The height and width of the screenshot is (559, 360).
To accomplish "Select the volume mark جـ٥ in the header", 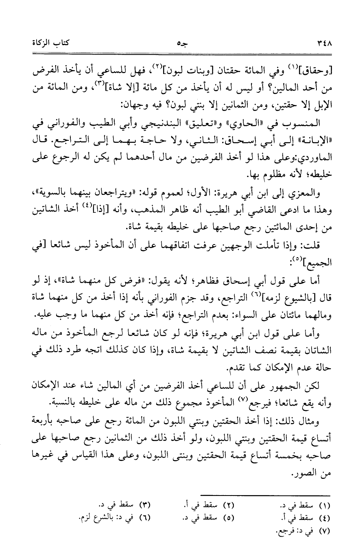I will pos(181,42).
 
